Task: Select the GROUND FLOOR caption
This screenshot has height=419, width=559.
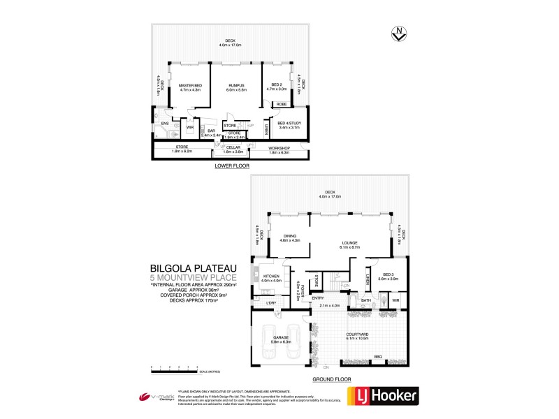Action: tap(333, 378)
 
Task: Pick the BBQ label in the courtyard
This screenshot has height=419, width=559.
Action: tap(378, 358)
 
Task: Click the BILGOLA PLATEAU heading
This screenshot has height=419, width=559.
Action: tap(192, 267)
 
